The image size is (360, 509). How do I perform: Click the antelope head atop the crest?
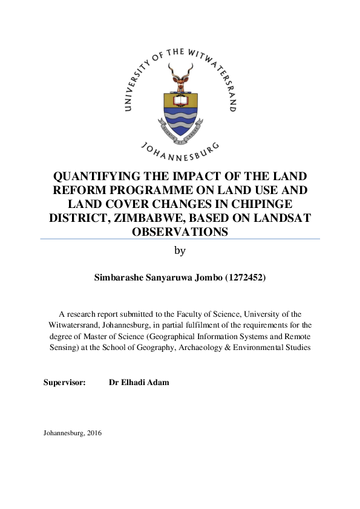180,76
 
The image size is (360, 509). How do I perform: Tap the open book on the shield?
180,100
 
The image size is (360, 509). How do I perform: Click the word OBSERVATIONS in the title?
180,231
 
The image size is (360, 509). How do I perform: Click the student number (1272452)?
241,278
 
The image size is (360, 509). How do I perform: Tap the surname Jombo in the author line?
198,278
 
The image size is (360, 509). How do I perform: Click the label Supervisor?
65,383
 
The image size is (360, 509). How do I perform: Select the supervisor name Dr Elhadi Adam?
139,383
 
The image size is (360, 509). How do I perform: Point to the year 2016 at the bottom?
94,433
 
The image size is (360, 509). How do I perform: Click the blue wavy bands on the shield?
180,124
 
